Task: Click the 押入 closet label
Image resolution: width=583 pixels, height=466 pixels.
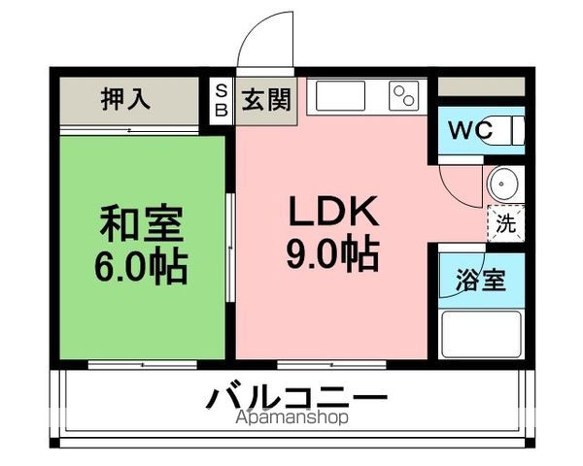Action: (x=125, y=100)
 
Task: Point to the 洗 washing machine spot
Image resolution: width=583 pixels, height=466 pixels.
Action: (x=505, y=222)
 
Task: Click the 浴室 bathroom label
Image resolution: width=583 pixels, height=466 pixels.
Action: (x=480, y=282)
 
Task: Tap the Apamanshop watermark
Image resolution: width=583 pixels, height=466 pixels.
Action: (x=291, y=417)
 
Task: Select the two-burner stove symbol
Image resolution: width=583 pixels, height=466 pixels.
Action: (x=402, y=95)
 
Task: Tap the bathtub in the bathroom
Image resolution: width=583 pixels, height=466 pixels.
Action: (x=482, y=333)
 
